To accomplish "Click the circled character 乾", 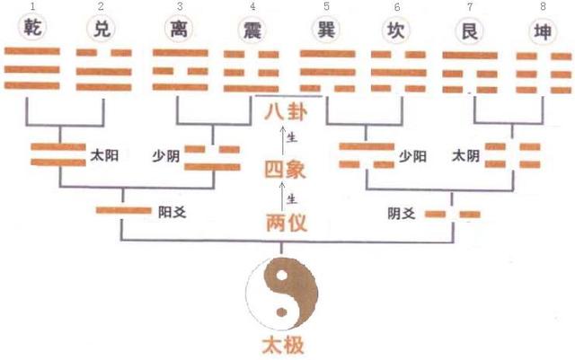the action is click(x=32, y=27).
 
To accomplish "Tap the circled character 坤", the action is click(x=543, y=32).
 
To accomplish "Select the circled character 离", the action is click(x=179, y=29).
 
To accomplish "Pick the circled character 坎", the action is click(x=395, y=30).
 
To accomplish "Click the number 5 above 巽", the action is click(x=326, y=6).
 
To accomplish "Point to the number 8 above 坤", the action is click(x=543, y=6).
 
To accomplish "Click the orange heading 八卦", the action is click(x=286, y=112).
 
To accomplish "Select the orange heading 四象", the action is click(x=286, y=170).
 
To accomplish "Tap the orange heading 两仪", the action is click(x=287, y=223).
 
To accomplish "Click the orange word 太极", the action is click(x=283, y=346).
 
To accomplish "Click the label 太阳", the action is click(x=104, y=155).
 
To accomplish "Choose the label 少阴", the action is click(x=166, y=156).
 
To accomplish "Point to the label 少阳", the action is click(x=413, y=157).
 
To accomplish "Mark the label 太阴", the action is click(x=465, y=156).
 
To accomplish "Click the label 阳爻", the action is click(x=172, y=212).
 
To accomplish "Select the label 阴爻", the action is click(x=402, y=214).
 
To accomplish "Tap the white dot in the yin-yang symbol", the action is click(x=281, y=276).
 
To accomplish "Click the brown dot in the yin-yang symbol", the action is click(x=281, y=312).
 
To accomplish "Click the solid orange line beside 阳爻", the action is click(x=124, y=210).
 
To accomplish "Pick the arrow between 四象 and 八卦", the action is click(x=282, y=140).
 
